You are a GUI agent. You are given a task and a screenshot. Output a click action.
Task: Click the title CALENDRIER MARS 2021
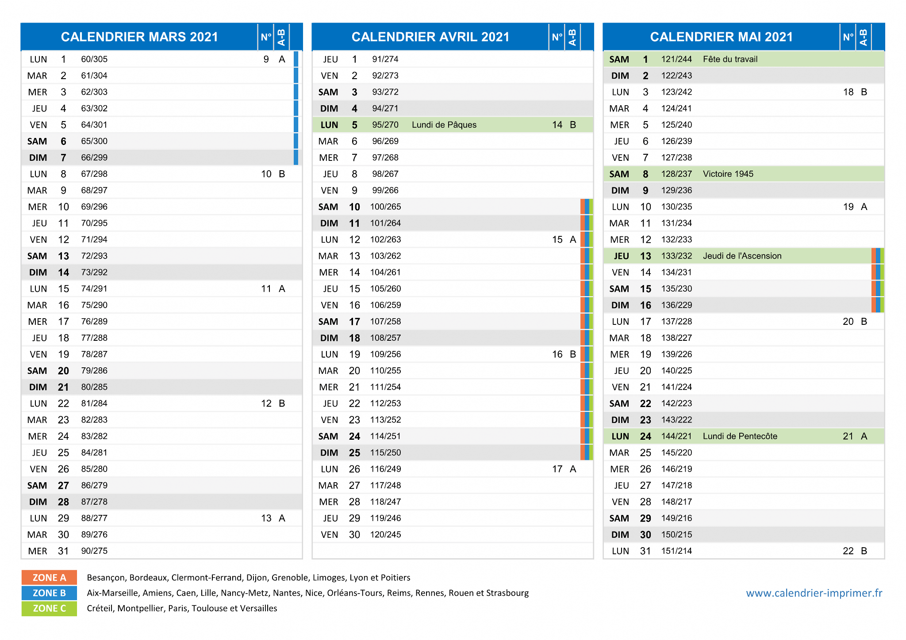click(139, 37)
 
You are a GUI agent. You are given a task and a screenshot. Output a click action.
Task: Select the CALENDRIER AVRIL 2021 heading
click(430, 37)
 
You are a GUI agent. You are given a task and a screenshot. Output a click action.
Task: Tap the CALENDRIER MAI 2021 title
click(722, 37)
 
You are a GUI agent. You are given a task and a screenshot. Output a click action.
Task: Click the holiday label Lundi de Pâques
click(444, 125)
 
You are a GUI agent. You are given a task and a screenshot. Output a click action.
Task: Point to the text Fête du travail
click(730, 59)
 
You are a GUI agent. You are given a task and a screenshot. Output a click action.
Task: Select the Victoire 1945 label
click(728, 174)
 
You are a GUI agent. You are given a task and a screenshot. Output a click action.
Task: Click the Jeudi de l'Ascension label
click(742, 256)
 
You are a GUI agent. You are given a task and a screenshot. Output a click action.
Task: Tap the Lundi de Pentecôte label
click(740, 436)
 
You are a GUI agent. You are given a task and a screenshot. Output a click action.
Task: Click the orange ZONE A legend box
click(49, 578)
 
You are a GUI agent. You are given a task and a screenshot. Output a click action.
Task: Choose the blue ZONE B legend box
click(49, 593)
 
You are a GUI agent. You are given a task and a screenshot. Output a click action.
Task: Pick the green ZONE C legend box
click(49, 609)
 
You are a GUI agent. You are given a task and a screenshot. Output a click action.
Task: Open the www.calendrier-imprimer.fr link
click(814, 593)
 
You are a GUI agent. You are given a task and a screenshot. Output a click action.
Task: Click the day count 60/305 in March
click(94, 59)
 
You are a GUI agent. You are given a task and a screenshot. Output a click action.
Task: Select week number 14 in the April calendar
click(557, 125)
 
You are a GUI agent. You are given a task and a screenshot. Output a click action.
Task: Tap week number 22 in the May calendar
click(848, 551)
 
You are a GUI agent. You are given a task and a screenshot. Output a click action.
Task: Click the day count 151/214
click(676, 551)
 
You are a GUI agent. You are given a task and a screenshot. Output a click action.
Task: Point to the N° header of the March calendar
click(266, 37)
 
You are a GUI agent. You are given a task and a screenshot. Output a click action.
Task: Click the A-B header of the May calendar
click(863, 37)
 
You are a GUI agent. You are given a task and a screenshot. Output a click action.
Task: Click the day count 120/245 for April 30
click(385, 534)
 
